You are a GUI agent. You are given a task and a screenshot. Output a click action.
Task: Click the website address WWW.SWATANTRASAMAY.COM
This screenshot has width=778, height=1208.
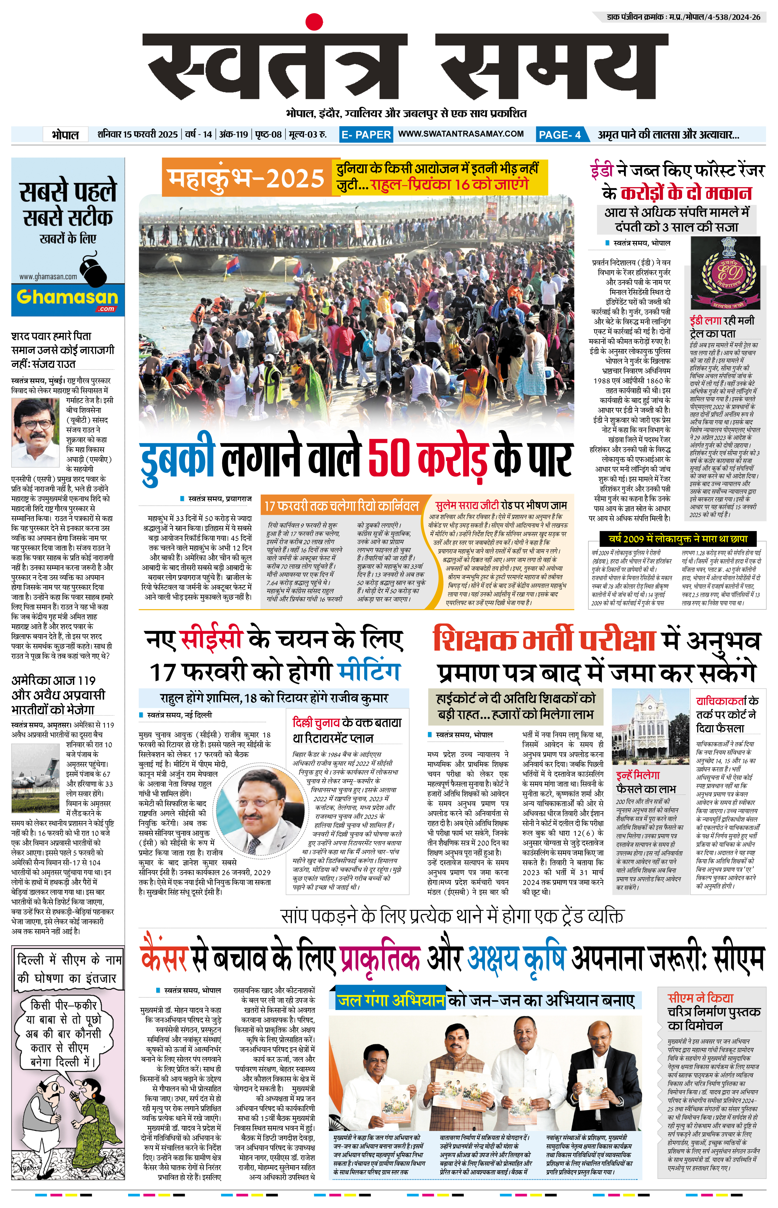[461, 134]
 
